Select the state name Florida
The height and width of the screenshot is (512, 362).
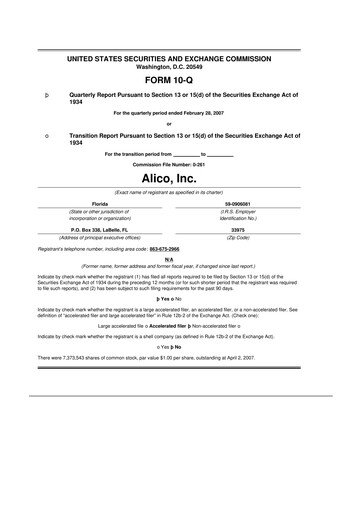pos(99,203)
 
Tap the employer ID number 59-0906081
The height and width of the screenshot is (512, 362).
pos(265,203)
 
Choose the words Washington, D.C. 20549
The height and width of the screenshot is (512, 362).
pos(182,68)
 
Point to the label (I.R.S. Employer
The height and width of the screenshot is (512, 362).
pos(265,211)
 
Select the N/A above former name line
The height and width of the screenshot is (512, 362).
pos(182,257)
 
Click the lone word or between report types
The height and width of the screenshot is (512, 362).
pos(182,124)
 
